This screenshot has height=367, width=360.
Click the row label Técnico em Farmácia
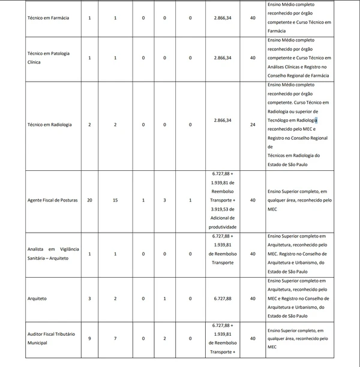coord(49,18)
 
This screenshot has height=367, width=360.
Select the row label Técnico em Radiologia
coord(50,125)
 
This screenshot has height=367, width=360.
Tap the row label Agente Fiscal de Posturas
coord(53,200)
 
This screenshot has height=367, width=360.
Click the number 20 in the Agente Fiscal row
coord(89,200)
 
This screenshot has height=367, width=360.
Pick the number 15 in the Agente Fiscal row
coord(115,200)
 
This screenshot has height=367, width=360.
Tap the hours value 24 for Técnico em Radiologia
coord(253,125)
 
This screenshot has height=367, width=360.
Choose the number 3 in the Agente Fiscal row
coord(164,200)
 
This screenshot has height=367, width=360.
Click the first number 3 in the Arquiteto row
coord(89,298)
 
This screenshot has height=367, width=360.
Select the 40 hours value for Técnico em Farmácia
coord(253,18)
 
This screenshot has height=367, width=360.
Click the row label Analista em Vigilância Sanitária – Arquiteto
coord(53,254)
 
